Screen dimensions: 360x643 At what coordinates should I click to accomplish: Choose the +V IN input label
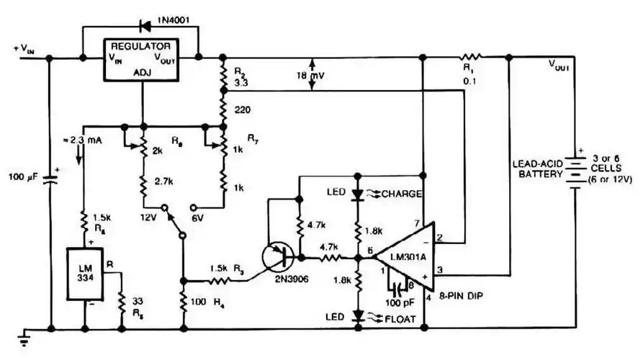pyautogui.click(x=23, y=50)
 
